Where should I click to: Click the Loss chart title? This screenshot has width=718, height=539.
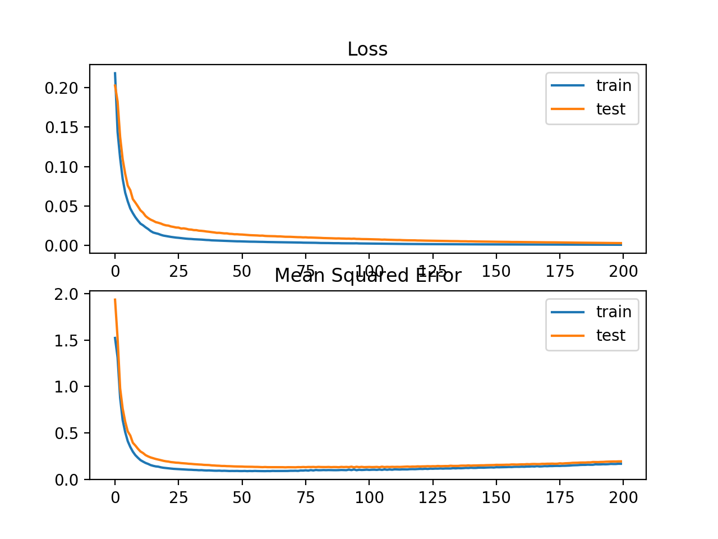[367, 49]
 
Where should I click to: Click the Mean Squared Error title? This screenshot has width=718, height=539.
[367, 276]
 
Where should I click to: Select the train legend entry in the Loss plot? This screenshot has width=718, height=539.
[614, 85]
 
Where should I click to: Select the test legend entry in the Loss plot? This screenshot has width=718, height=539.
[610, 109]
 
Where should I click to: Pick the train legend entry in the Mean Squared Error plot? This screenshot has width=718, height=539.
[614, 312]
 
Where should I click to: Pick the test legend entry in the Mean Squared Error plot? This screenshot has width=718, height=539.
[610, 335]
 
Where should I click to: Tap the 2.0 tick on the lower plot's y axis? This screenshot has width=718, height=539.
[70, 294]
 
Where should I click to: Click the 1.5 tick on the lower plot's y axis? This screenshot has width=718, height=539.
[70, 341]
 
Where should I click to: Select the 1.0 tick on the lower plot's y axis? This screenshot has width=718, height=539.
[70, 387]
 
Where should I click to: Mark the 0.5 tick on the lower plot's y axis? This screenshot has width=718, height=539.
[70, 433]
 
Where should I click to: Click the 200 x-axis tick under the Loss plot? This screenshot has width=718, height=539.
[623, 272]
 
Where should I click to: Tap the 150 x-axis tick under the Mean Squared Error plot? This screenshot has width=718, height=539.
[496, 498]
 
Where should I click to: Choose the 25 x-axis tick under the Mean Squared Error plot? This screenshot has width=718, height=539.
[178, 498]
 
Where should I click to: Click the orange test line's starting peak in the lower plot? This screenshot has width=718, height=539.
[115, 299]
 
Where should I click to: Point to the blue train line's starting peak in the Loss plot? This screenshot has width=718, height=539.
[115, 73]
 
